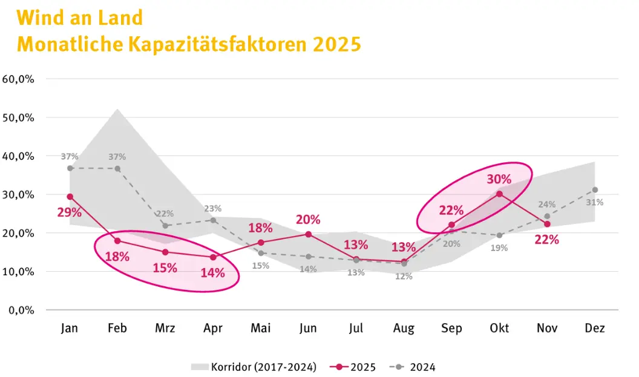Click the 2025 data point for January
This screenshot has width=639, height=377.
(x=70, y=197)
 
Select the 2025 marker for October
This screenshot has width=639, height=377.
(x=499, y=194)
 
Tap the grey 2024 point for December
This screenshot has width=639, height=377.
(x=595, y=190)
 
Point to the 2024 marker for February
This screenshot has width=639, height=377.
(x=117, y=169)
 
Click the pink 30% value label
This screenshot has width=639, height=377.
(x=499, y=179)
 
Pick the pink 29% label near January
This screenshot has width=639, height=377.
(x=69, y=212)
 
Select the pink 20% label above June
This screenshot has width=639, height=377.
(x=308, y=220)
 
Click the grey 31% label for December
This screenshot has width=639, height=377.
(x=595, y=203)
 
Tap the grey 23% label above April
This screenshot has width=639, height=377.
(x=213, y=209)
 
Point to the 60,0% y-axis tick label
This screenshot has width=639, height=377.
(x=18, y=79)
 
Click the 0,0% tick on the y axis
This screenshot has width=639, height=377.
(x=21, y=310)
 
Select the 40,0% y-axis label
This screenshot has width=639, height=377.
(x=18, y=156)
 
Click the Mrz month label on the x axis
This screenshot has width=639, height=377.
(x=165, y=328)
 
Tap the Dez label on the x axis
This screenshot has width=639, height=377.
(x=595, y=328)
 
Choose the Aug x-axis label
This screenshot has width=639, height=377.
(x=404, y=329)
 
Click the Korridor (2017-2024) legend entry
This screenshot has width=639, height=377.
(x=254, y=367)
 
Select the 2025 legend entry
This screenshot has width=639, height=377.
(x=353, y=367)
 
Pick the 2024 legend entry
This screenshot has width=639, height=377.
(x=413, y=367)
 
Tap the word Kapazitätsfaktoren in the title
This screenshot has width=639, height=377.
(x=217, y=44)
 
